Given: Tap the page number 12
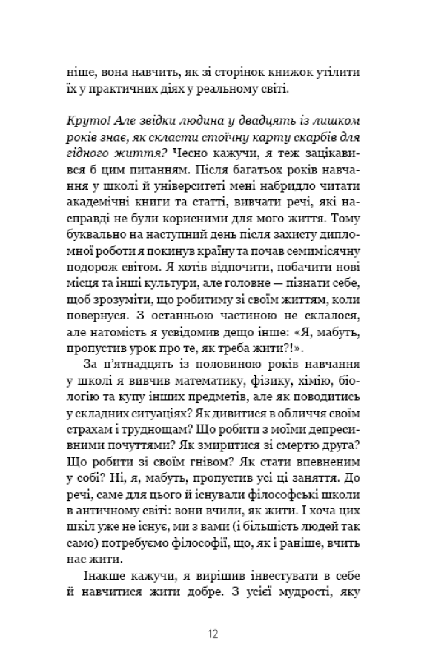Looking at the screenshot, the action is (x=213, y=634).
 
